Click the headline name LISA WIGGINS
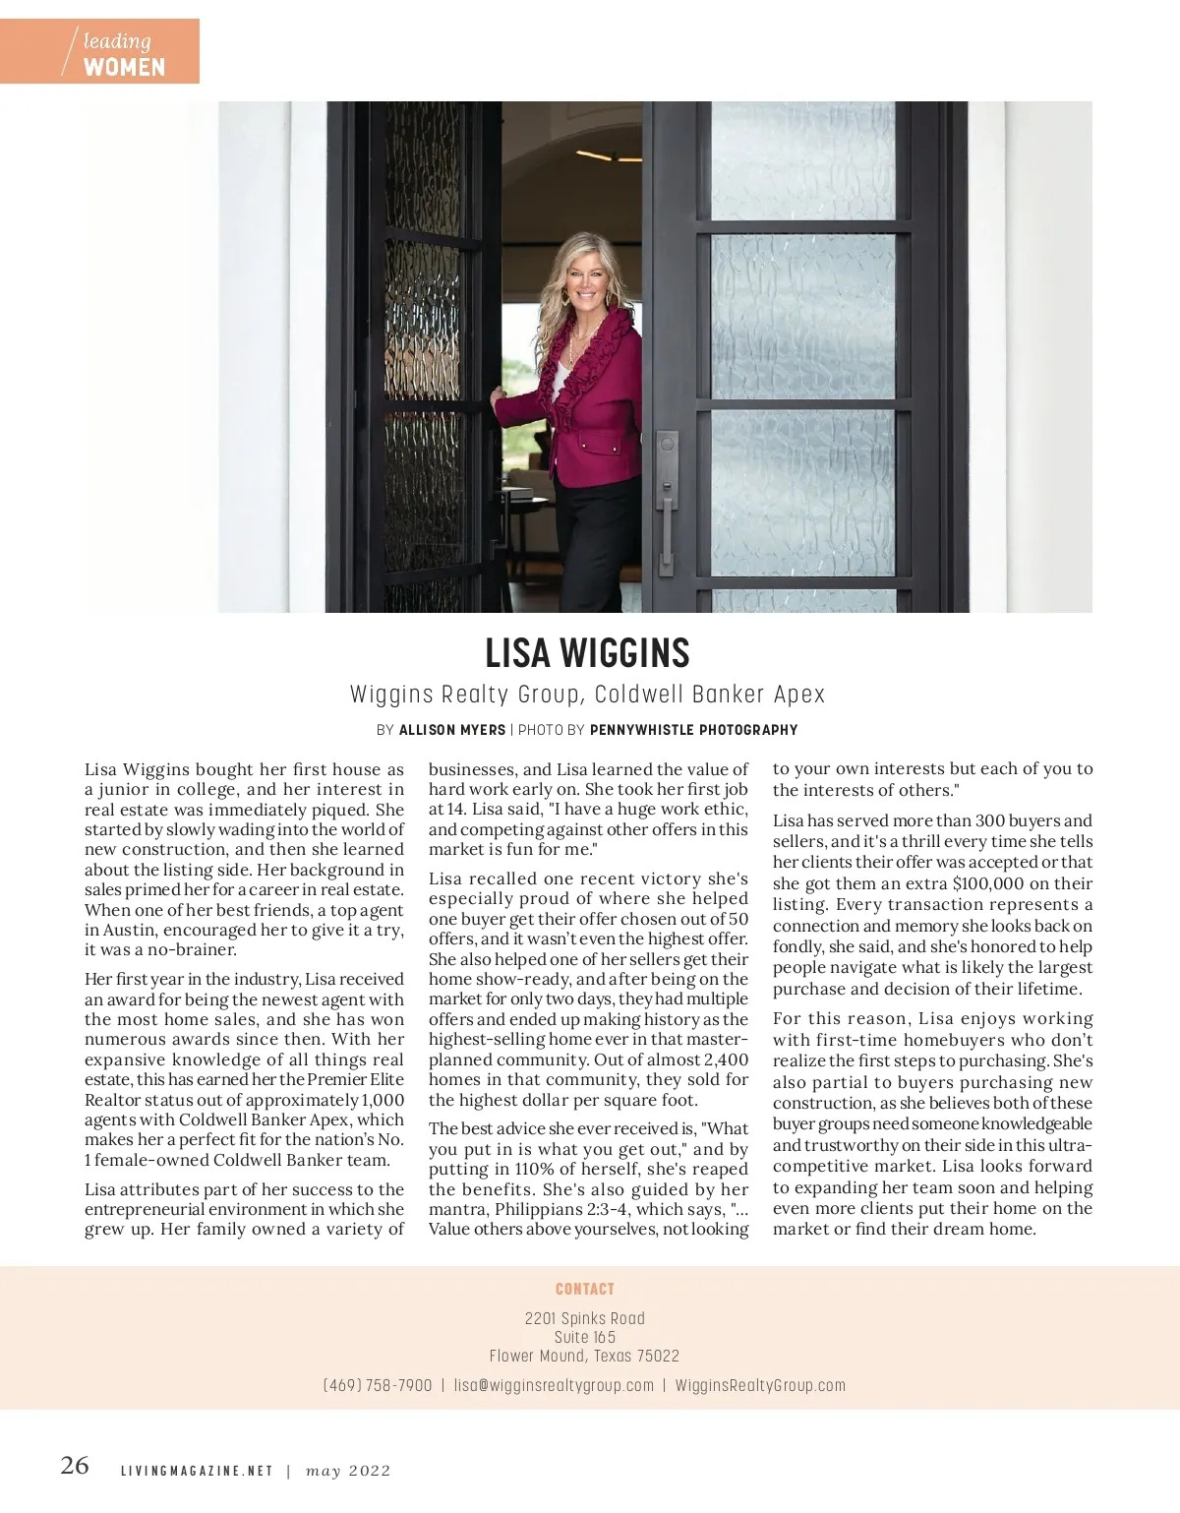(587, 653)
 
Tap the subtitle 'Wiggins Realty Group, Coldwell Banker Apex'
(587, 695)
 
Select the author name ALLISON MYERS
(451, 730)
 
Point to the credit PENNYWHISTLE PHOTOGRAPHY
(693, 730)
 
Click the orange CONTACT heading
(585, 1289)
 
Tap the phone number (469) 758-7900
(378, 1385)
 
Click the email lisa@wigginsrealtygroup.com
(554, 1385)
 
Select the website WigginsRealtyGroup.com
(760, 1385)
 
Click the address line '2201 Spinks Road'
(585, 1318)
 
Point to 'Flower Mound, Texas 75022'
(585, 1356)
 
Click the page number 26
(75, 1466)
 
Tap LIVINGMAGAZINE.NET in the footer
(197, 1471)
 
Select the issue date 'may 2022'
(348, 1471)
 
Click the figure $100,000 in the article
(997, 883)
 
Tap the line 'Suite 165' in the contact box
(585, 1337)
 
